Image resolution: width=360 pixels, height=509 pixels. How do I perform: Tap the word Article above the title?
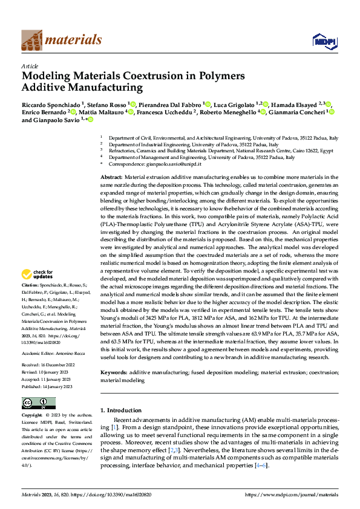click(29, 66)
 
